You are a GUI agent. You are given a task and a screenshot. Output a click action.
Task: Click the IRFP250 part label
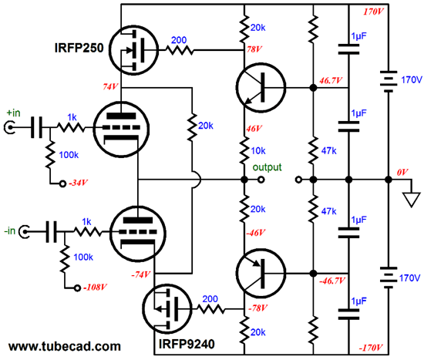click(x=79, y=48)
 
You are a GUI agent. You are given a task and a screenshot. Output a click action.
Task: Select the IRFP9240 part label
click(x=187, y=344)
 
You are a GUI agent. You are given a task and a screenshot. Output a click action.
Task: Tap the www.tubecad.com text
click(x=64, y=346)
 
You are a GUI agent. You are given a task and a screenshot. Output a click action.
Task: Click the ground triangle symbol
click(x=412, y=200)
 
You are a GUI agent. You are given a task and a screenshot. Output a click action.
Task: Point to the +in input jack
click(x=8, y=127)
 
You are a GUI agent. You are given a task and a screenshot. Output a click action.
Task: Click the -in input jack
click(x=25, y=232)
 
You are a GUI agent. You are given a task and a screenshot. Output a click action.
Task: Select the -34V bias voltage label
click(x=78, y=183)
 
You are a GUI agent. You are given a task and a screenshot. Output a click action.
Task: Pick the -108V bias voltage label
click(x=95, y=287)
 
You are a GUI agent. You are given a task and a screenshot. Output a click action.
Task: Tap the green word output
click(x=267, y=168)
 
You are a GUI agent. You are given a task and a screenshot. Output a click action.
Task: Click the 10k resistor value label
click(x=258, y=150)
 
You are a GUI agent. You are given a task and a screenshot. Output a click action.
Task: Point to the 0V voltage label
click(x=402, y=172)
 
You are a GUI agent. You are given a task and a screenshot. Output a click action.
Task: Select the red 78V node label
click(x=254, y=49)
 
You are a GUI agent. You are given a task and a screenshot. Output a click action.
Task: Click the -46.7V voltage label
click(x=332, y=281)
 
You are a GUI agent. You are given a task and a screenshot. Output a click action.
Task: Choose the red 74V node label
click(x=110, y=86)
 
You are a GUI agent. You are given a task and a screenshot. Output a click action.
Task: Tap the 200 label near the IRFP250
click(x=179, y=40)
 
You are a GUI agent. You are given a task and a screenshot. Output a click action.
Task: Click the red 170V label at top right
click(x=373, y=12)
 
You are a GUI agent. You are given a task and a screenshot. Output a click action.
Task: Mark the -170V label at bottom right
click(x=371, y=348)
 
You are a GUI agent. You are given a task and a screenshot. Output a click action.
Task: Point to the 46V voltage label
click(x=254, y=129)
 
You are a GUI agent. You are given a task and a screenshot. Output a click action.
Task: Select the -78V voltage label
click(x=257, y=308)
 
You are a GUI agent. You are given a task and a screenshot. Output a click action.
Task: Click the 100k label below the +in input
click(x=69, y=155)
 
